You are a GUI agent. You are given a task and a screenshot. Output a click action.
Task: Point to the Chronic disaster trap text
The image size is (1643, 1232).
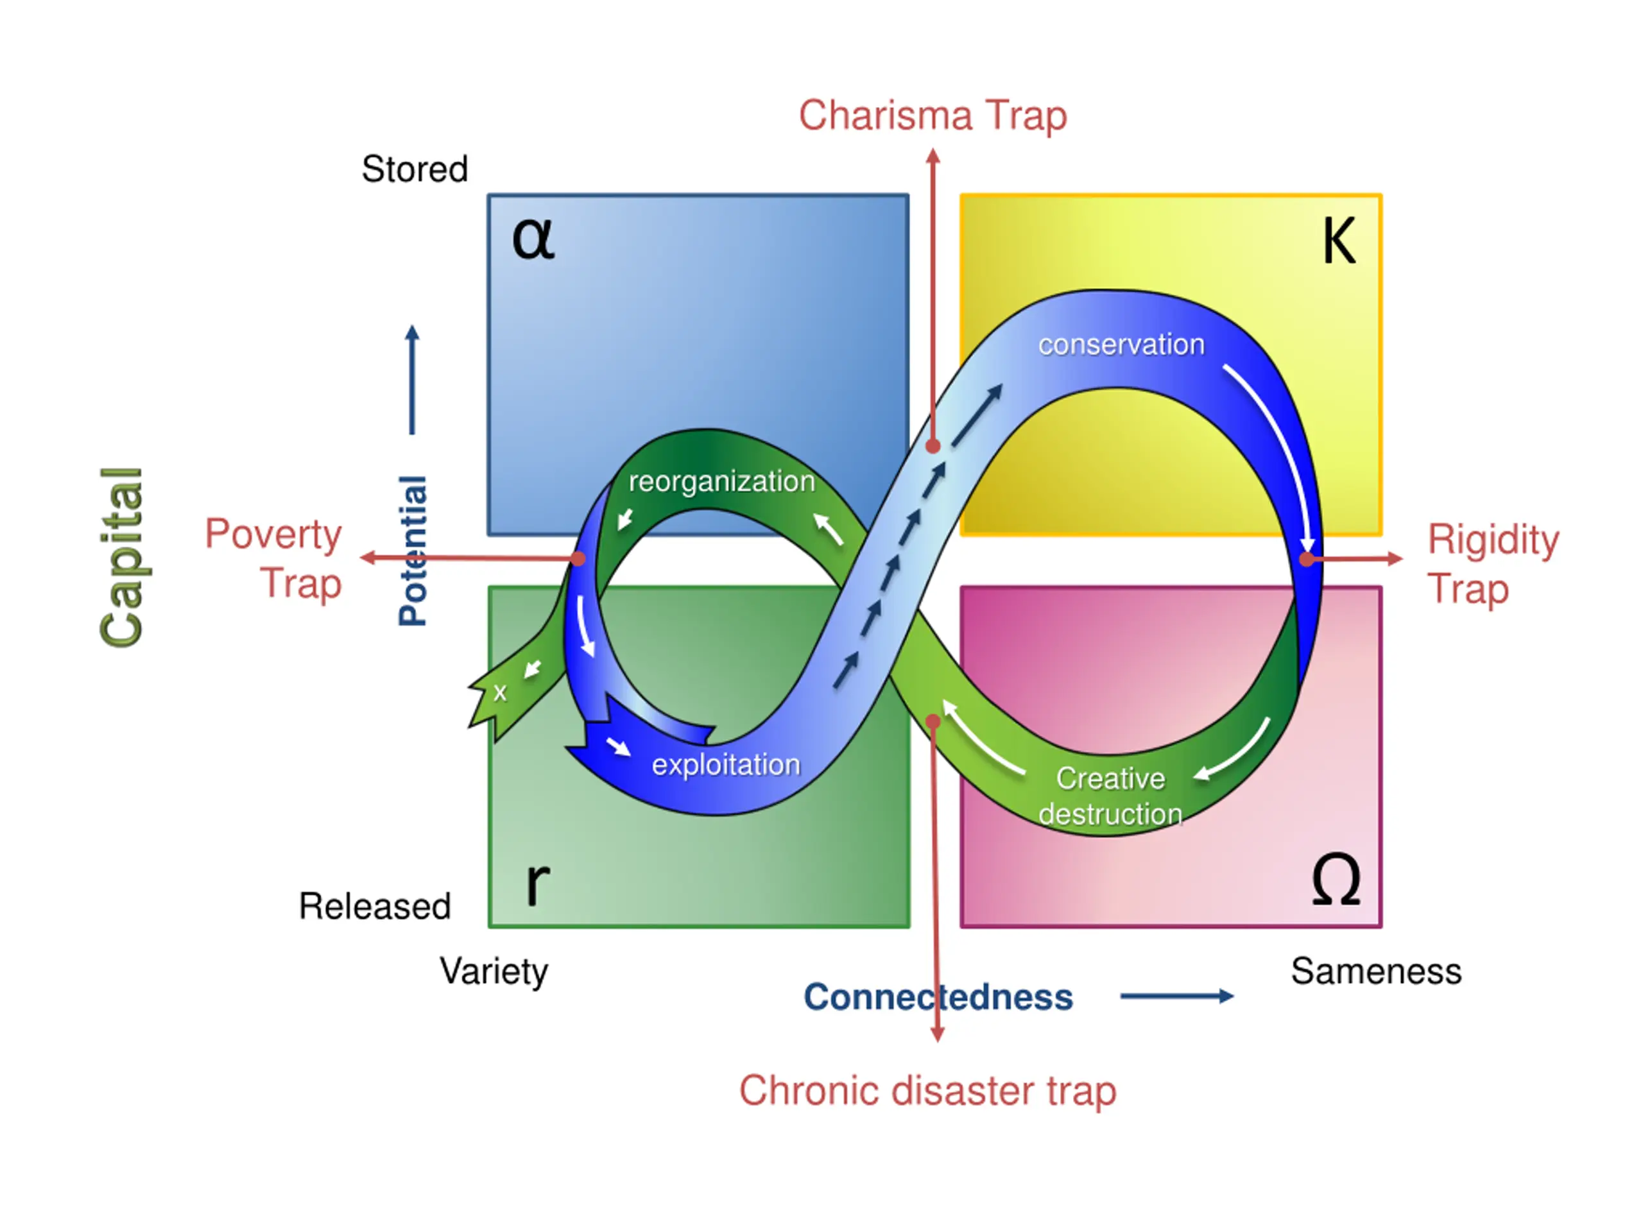[x=927, y=1091]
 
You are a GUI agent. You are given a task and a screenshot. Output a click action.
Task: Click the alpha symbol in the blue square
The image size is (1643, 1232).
[x=533, y=239]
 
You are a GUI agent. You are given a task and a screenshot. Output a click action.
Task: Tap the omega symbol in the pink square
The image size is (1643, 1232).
[x=1336, y=880]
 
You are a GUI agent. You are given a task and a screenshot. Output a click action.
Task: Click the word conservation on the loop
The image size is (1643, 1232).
[x=1121, y=345]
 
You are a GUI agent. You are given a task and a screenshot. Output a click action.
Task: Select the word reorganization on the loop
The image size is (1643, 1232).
[x=721, y=481]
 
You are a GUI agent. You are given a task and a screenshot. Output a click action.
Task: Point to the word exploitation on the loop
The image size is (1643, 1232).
[x=726, y=765]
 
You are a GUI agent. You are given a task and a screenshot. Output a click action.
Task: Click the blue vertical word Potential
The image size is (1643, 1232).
[x=413, y=551]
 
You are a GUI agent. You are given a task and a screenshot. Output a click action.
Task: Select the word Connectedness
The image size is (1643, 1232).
[x=938, y=997]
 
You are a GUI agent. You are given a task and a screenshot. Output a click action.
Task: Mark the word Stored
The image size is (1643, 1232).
[x=415, y=169]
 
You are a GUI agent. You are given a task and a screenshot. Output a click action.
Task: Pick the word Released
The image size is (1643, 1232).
[x=374, y=906]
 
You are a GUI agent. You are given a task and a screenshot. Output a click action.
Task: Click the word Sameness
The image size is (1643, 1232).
[x=1375, y=971]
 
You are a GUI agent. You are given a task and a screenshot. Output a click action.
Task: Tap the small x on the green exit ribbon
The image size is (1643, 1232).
[x=500, y=693]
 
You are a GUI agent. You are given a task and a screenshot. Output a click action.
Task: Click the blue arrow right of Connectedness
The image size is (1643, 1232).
[x=1176, y=997]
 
